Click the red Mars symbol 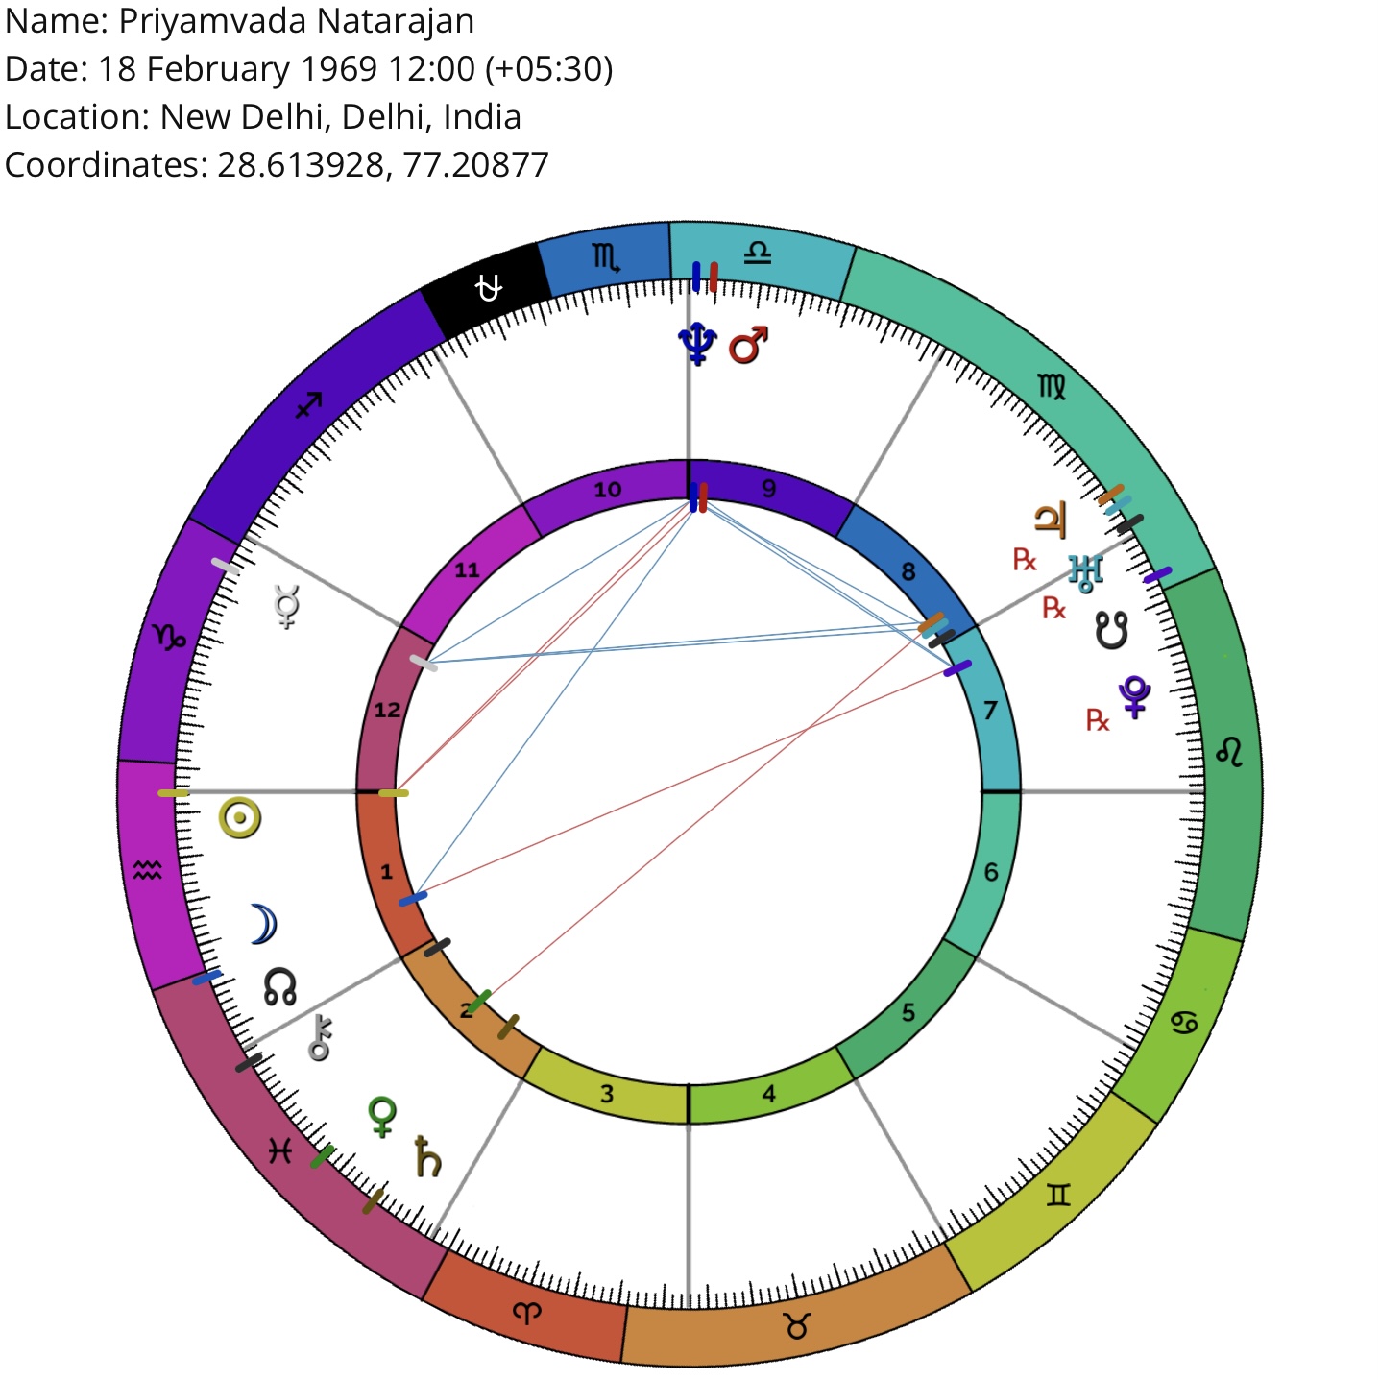point(748,345)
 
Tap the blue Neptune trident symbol point(697,344)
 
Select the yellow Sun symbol point(240,818)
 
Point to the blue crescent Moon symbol point(263,924)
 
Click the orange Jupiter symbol point(1051,520)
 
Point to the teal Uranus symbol point(1085,573)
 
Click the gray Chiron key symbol point(320,1036)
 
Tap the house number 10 point(607,490)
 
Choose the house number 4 point(768,1094)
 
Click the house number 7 point(990,710)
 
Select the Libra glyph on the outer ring point(758,253)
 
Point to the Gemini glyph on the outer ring point(1057,1195)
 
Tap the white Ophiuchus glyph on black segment point(489,289)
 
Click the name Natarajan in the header point(395,21)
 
